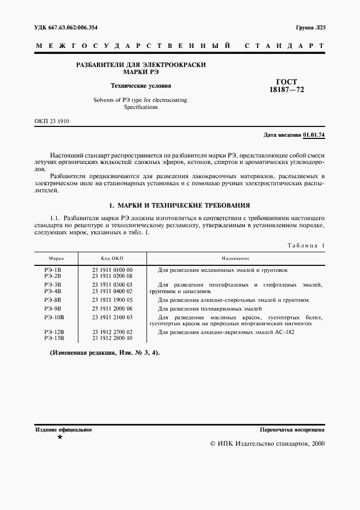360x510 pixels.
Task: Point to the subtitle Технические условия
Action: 141,86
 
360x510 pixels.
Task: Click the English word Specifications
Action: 140,107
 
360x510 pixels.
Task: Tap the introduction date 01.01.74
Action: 314,134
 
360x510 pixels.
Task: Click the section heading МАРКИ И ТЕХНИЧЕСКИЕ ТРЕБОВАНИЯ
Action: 180,205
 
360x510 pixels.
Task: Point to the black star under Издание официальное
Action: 59,438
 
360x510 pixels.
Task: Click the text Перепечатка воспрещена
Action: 292,430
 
